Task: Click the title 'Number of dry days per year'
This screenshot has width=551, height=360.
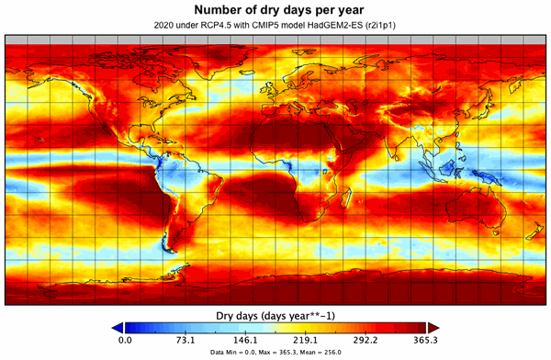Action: [275, 10]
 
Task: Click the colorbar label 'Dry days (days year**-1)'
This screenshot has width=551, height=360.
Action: [275, 314]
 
